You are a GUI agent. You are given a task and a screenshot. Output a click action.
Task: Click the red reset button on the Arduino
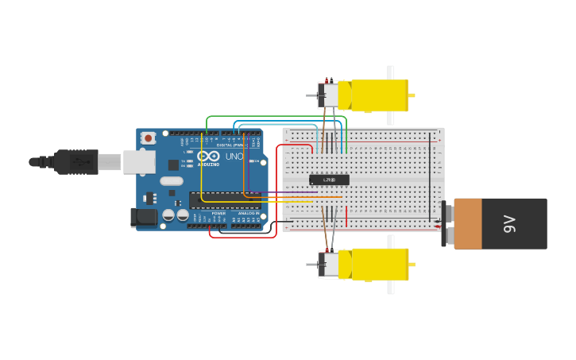(149, 138)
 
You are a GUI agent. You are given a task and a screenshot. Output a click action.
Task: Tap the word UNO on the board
(234, 157)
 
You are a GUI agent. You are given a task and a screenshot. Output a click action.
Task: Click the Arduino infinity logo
(209, 156)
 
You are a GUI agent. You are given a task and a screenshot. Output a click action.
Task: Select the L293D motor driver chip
(329, 180)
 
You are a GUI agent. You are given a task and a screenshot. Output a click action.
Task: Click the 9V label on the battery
(509, 224)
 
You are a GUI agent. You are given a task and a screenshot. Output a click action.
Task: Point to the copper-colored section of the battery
(468, 224)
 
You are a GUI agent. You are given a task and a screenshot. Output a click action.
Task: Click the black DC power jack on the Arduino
(143, 217)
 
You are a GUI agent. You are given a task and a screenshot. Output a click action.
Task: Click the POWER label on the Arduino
(218, 213)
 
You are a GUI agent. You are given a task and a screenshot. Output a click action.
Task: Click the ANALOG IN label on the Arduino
(248, 213)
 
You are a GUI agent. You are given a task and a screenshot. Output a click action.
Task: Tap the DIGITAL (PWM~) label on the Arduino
(230, 145)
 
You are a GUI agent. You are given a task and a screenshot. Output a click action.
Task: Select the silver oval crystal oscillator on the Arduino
(171, 181)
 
